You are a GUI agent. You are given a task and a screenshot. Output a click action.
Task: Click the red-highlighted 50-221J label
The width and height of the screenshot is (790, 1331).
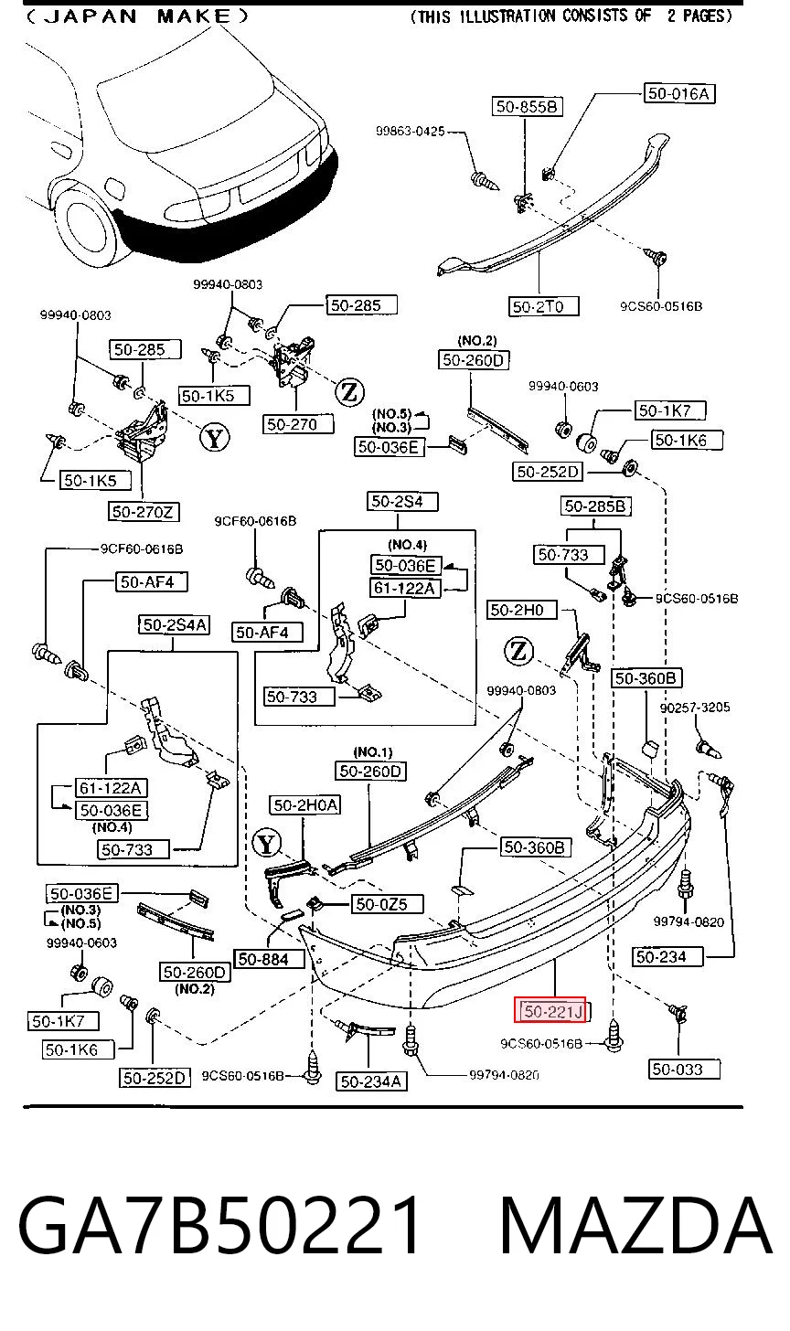[550, 1010]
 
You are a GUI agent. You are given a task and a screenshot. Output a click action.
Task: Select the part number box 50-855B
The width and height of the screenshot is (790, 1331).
[528, 106]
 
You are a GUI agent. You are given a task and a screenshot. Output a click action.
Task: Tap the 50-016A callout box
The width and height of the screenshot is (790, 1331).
[679, 93]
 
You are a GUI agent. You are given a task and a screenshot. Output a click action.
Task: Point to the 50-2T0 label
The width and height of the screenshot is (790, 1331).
[544, 306]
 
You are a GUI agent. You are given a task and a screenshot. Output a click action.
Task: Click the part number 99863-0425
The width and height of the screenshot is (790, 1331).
[411, 131]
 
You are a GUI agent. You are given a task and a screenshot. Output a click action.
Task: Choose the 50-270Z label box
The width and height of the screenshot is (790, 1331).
[144, 512]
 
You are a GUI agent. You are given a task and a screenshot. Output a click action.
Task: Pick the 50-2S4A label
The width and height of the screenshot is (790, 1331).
[174, 624]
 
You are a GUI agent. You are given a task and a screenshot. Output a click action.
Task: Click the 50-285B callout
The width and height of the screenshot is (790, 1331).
[595, 506]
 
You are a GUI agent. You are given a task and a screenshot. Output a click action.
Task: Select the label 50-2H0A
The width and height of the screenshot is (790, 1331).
[305, 805]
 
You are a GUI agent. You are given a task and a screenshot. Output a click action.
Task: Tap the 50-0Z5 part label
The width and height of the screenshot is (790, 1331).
[388, 904]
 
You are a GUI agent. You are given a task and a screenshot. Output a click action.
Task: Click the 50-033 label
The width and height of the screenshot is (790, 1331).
[684, 1070]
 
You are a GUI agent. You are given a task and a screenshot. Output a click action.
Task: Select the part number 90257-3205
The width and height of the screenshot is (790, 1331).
[695, 708]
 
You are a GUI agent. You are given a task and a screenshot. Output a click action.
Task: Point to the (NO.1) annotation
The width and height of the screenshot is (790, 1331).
[373, 752]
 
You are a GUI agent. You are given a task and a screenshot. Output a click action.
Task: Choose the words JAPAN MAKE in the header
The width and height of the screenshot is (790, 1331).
[137, 16]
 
